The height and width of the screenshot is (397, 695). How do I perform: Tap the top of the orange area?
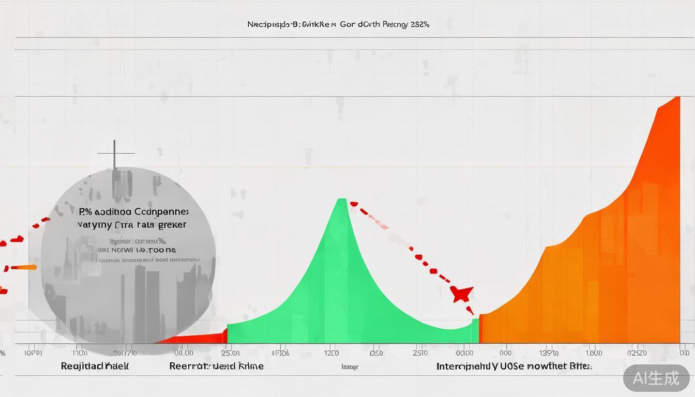pyautogui.click(x=676, y=98)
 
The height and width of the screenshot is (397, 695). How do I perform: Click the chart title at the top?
pyautogui.click(x=338, y=24)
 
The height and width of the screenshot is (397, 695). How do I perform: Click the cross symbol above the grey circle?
pyautogui.click(x=115, y=154)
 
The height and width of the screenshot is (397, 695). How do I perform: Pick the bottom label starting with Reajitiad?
pyautogui.click(x=95, y=366)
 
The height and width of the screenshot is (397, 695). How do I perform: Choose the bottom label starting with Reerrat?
pyautogui.click(x=216, y=366)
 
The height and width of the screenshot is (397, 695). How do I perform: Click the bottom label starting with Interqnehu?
pyautogui.click(x=513, y=366)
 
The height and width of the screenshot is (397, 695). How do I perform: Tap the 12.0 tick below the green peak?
pyautogui.click(x=331, y=353)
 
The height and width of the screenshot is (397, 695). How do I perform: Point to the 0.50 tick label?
pyautogui.click(x=376, y=353)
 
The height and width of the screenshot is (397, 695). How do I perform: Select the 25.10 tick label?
pyautogui.click(x=420, y=353)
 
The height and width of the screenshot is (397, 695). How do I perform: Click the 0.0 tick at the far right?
pyautogui.click(x=684, y=353)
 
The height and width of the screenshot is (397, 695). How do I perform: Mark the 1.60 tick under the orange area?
pyautogui.click(x=594, y=353)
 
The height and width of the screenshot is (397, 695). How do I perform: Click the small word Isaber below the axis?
pyautogui.click(x=350, y=367)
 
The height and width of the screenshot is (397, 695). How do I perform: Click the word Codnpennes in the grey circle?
pyautogui.click(x=161, y=212)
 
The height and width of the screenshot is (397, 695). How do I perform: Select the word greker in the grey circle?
pyautogui.click(x=173, y=225)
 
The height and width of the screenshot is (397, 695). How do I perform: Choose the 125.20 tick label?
pyautogui.click(x=637, y=353)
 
